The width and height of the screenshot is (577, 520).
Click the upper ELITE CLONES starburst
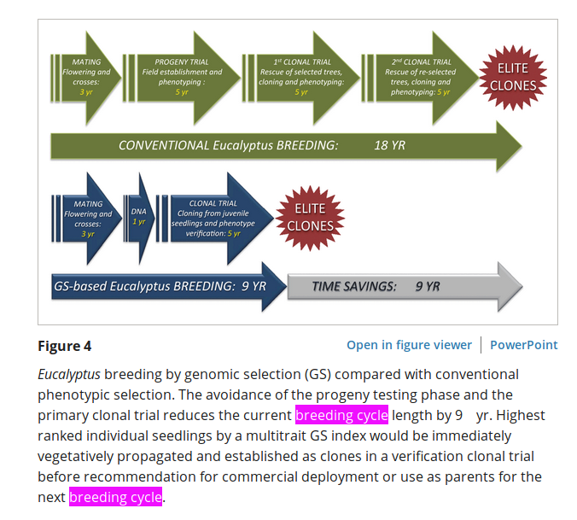513,77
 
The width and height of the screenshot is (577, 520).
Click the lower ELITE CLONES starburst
310,218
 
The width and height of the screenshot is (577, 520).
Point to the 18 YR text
389,146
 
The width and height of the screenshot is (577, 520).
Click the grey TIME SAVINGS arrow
401,287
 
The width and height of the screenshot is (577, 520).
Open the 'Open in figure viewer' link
409,345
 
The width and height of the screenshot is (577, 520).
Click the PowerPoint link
523,345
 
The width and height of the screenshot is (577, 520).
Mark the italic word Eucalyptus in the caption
69,374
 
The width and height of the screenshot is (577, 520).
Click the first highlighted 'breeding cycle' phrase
341,415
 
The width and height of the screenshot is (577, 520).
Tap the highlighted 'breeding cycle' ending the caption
115,497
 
